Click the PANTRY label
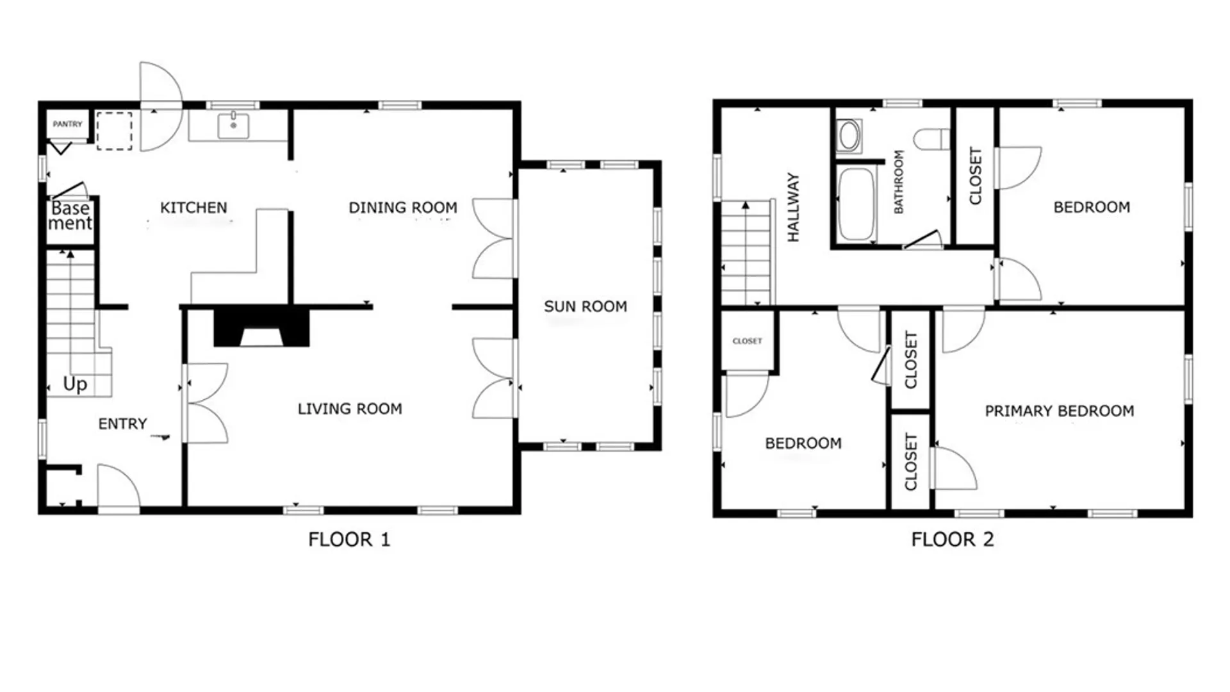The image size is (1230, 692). pos(67,124)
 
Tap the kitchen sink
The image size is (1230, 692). pos(233,125)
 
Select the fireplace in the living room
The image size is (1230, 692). pos(261,327)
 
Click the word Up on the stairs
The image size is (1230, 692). pos(75,384)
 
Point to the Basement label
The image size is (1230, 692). pos(70,215)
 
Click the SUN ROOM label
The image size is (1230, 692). pos(586,307)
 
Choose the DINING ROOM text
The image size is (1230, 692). pos(403,208)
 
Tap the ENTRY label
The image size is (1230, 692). pos(122,424)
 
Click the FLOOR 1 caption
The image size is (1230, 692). pos(349,540)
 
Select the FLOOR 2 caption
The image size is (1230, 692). pos(953,540)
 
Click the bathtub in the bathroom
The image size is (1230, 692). pos(856,204)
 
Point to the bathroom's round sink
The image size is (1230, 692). pos(849,136)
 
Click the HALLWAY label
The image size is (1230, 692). pos(793,207)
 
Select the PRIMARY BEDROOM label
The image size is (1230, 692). pos(1060,411)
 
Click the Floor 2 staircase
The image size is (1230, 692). pos(746,252)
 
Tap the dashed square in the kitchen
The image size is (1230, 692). pos(114,131)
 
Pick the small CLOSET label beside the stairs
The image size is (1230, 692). pos(748,341)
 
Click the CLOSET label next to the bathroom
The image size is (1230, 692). pos(975,176)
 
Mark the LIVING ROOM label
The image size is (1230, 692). pos(350,409)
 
